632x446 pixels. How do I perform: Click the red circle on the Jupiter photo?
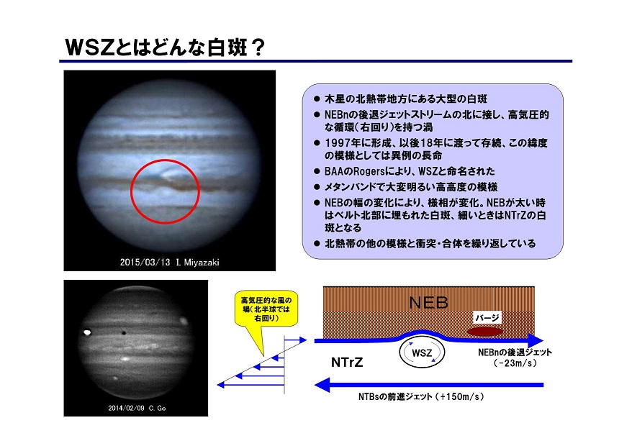pyautogui.click(x=132, y=192)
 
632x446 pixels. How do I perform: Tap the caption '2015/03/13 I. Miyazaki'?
pyautogui.click(x=169, y=263)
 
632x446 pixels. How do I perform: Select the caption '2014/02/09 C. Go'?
pyautogui.click(x=137, y=408)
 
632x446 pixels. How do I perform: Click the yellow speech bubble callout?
pyautogui.click(x=266, y=309)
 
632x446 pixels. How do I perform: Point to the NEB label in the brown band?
pyautogui.click(x=428, y=303)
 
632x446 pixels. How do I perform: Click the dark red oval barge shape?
pyautogui.click(x=485, y=332)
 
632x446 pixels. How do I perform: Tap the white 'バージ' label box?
pyautogui.click(x=487, y=318)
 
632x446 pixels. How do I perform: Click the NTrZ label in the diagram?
pyautogui.click(x=347, y=363)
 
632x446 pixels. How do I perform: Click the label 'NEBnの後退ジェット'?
pyautogui.click(x=515, y=352)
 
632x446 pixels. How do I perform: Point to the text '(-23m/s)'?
pyautogui.click(x=515, y=363)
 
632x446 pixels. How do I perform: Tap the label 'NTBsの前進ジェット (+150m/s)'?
pyautogui.click(x=421, y=396)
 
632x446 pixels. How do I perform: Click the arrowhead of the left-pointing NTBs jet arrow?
pyautogui.click(x=322, y=385)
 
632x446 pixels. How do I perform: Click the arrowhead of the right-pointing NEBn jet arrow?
pyautogui.click(x=536, y=340)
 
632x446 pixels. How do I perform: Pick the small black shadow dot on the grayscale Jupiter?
pyautogui.click(x=124, y=333)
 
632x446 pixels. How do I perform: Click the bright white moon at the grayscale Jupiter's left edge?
pyautogui.click(x=87, y=332)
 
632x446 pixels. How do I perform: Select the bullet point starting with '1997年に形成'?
pyautogui.click(x=431, y=149)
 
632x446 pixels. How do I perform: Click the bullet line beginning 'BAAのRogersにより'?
pyautogui.click(x=405, y=171)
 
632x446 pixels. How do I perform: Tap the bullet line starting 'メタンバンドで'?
pyautogui.click(x=405, y=187)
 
